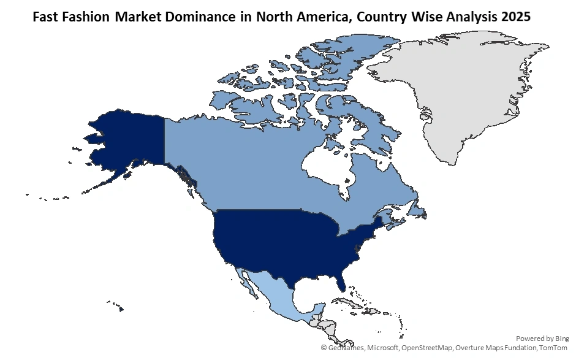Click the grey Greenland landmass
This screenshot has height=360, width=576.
coord(466,92)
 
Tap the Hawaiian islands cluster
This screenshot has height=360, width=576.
coord(116,305)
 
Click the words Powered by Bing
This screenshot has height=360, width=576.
coord(542,339)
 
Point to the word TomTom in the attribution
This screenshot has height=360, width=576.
coord(553,348)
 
